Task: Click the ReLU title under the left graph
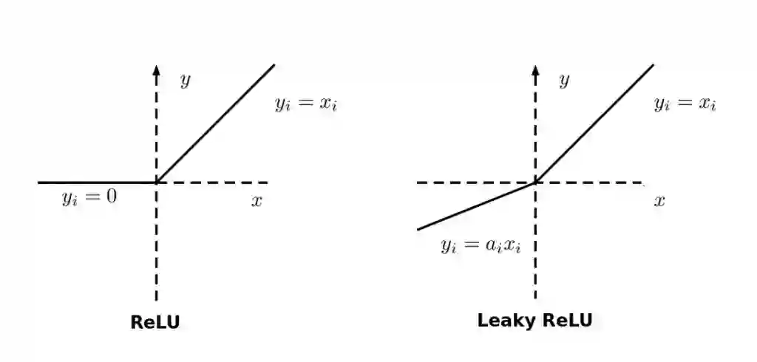155,322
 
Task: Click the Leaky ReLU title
534,321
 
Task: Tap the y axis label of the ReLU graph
185,80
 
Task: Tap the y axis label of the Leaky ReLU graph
564,80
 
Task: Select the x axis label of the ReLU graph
257,201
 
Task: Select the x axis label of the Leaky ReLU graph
659,201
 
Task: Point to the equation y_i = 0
89,198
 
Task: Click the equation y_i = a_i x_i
481,246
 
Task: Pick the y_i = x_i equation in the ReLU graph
306,103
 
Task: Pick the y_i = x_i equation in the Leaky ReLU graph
685,103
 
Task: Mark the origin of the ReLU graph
156,182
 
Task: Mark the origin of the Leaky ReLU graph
535,182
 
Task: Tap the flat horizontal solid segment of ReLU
96,182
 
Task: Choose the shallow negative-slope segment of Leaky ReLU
477,205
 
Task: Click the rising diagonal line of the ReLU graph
215,123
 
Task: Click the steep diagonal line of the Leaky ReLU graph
594,123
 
